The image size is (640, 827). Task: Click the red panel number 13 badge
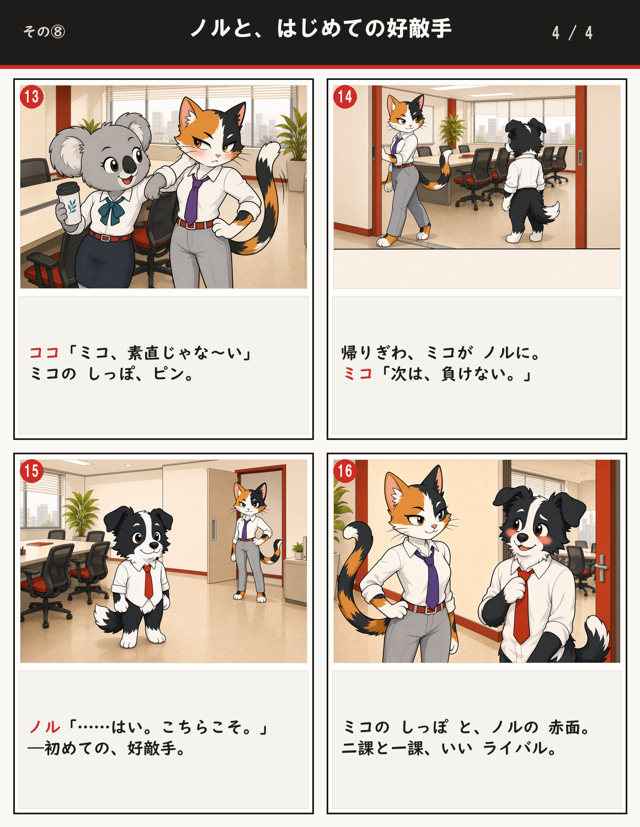tap(31, 96)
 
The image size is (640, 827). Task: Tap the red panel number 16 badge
tap(345, 471)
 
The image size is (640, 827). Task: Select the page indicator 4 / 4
tap(572, 33)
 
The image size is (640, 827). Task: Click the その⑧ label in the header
tap(44, 31)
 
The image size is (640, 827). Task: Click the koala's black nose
tap(129, 164)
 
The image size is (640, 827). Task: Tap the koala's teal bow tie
tap(113, 210)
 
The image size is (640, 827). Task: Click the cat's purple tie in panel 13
tap(194, 198)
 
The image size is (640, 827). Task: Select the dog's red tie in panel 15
tap(148, 582)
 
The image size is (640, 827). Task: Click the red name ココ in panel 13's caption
tap(44, 352)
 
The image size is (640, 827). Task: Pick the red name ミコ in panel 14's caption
tap(358, 374)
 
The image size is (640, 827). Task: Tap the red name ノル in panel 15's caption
tap(45, 727)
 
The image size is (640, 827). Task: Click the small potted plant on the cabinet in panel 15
tap(298, 550)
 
